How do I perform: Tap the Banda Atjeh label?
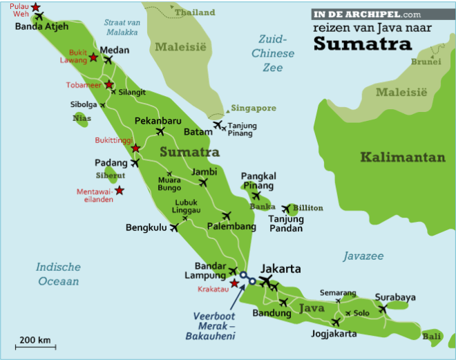click(41, 27)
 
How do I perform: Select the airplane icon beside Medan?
click(108, 60)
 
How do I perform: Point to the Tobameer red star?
click(108, 85)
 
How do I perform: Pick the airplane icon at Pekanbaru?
click(160, 131)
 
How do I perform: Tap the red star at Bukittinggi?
click(135, 148)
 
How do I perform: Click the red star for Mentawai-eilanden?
click(120, 191)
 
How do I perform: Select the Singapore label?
click(254, 108)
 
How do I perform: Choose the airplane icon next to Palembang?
click(227, 216)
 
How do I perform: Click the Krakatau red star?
click(234, 283)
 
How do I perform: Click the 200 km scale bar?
click(35, 346)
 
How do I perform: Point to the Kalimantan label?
click(403, 157)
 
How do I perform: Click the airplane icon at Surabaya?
click(383, 309)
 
